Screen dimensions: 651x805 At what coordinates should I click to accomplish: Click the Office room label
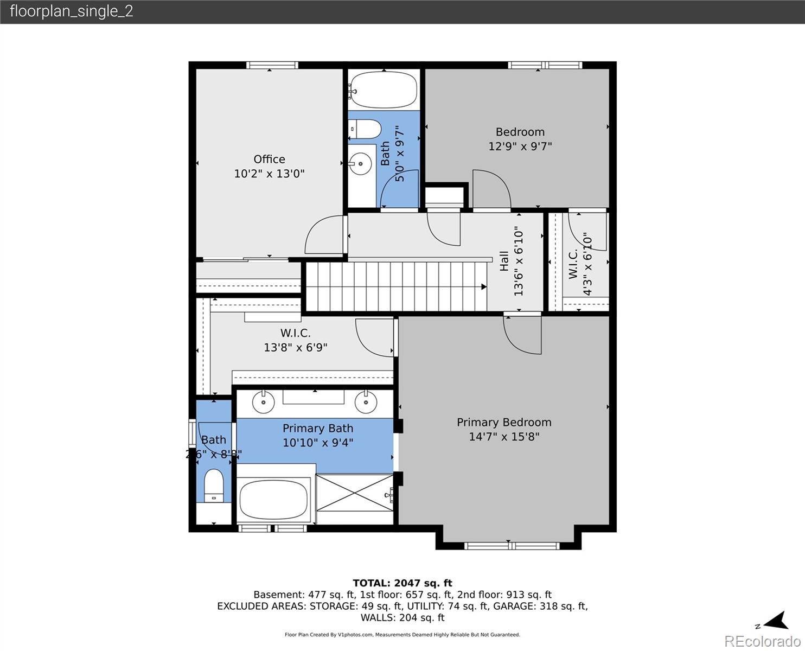tap(269, 159)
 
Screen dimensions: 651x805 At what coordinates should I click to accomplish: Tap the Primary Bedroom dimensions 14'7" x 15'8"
tap(504, 437)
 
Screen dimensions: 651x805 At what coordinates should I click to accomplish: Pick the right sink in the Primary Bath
tap(366, 401)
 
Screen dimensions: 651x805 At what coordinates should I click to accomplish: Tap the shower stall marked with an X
tap(354, 492)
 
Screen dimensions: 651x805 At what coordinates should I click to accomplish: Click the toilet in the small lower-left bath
tap(214, 486)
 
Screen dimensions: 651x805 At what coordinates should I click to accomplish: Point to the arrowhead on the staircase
tap(483, 287)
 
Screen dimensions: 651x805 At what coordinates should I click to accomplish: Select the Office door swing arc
tap(324, 234)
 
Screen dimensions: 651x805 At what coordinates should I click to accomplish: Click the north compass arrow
tap(777, 621)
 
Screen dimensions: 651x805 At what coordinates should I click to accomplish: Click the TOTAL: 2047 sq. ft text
tap(402, 583)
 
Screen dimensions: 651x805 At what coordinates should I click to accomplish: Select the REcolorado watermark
tap(762, 641)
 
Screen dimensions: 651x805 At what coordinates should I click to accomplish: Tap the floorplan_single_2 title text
tap(71, 11)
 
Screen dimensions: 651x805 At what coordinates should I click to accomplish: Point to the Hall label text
tap(504, 261)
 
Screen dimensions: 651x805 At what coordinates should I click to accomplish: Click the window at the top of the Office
tap(272, 65)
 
